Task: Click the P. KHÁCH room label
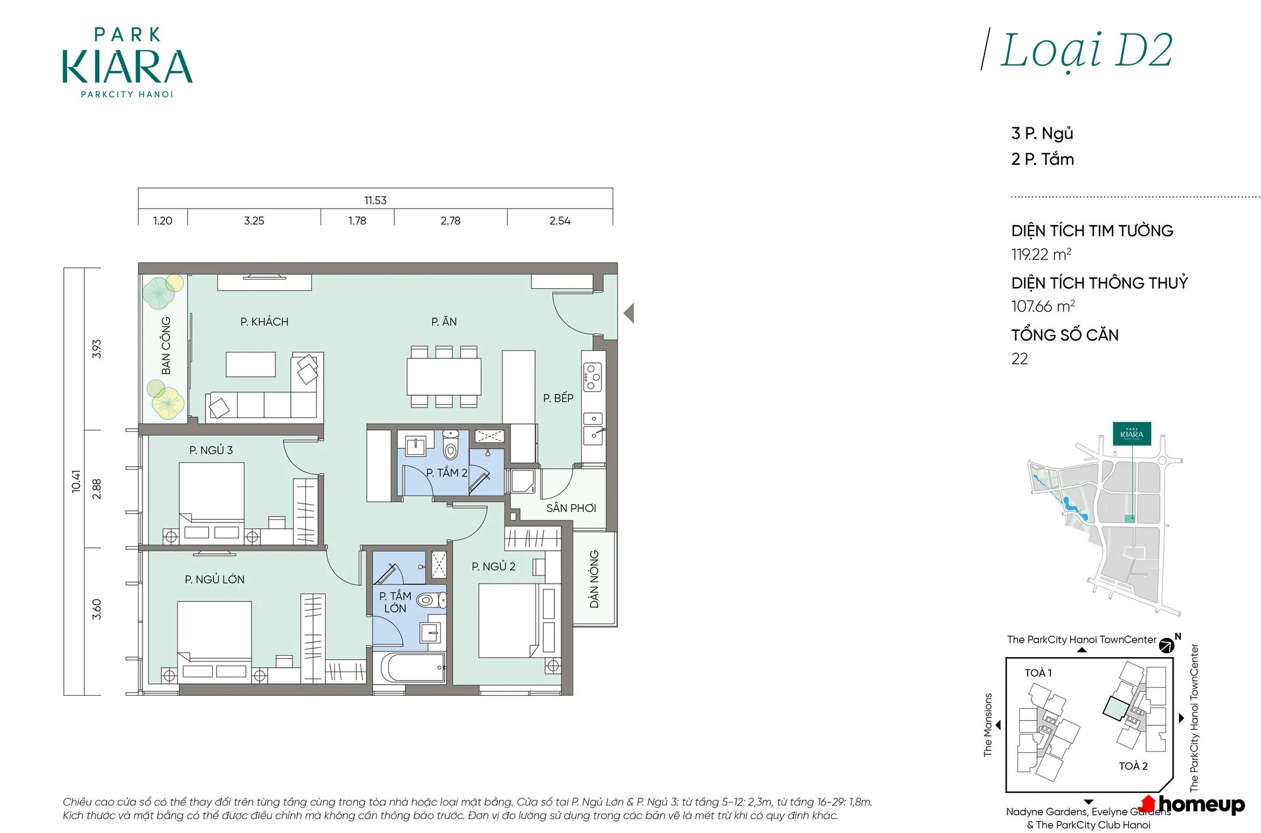tap(264, 322)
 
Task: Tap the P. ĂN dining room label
tap(444, 322)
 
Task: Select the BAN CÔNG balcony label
tap(166, 345)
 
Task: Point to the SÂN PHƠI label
tap(571, 508)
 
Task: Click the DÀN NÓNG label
tap(594, 579)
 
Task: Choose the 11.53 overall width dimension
tap(376, 200)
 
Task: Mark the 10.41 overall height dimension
tap(76, 481)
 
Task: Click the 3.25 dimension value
tap(254, 221)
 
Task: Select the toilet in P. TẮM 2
tap(451, 446)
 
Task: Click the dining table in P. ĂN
tap(444, 376)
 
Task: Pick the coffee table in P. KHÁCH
tap(250, 364)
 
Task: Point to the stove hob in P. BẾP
tap(592, 377)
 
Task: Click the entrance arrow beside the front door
tap(629, 313)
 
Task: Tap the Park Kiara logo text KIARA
tap(127, 67)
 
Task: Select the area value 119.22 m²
tap(1041, 254)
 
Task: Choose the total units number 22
tap(1019, 358)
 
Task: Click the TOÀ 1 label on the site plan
tap(1038, 673)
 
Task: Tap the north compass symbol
tap(1167, 645)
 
